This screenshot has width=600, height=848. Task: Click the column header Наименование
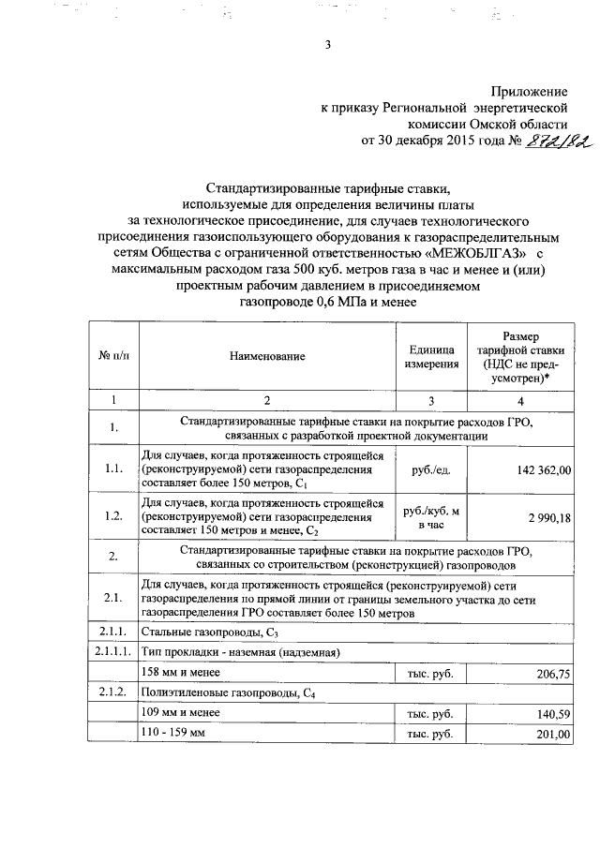pos(266,357)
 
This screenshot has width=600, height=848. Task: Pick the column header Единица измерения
pos(431,357)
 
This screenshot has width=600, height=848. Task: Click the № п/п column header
pos(113,357)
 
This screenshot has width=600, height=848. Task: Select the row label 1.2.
pos(113,517)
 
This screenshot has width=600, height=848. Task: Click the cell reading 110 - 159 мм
pos(172,736)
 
